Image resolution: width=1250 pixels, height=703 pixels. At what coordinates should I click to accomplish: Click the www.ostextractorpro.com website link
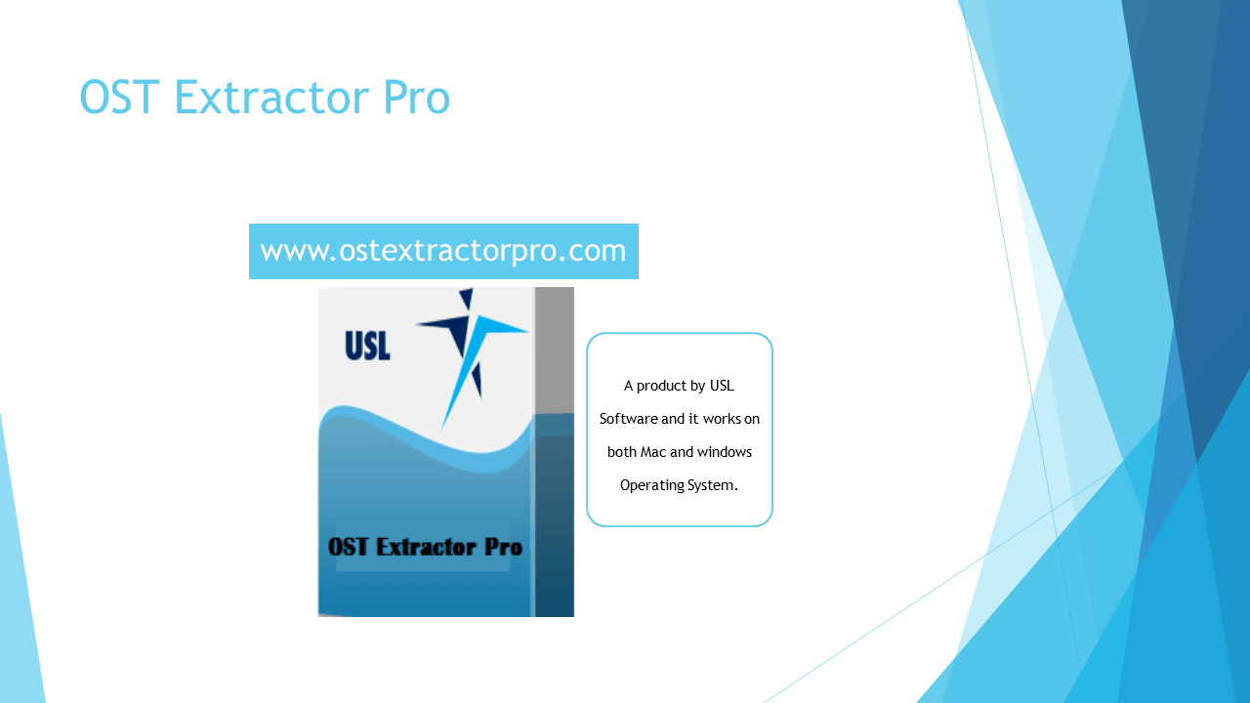(443, 251)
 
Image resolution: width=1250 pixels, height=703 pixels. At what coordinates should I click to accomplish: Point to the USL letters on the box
(367, 346)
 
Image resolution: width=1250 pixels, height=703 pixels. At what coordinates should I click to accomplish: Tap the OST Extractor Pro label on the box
(425, 547)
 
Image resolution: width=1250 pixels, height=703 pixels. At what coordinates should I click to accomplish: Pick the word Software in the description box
(628, 419)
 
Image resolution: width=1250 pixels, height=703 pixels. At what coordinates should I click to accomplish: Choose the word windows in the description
(724, 452)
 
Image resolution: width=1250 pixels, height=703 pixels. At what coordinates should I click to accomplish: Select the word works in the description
(718, 419)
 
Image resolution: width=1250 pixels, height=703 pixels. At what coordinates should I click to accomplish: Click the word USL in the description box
(722, 386)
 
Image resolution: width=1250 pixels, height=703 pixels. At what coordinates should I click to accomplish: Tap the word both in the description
(621, 452)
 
